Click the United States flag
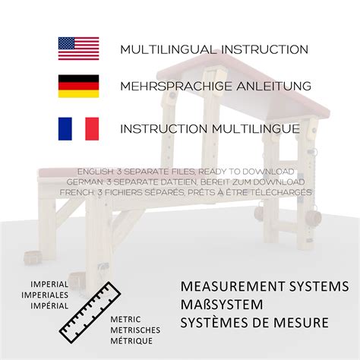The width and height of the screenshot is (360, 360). click(x=78, y=49)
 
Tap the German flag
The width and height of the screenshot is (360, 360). click(x=78, y=86)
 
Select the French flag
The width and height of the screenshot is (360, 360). click(x=78, y=128)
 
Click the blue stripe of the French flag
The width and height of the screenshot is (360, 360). click(x=65, y=128)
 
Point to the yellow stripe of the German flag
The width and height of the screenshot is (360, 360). click(x=78, y=94)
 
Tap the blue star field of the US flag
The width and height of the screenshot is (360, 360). click(x=66, y=43)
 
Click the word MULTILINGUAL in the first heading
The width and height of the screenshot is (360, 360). click(x=169, y=49)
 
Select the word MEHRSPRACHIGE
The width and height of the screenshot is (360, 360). click(x=176, y=86)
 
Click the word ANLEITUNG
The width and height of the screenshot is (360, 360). click(x=274, y=86)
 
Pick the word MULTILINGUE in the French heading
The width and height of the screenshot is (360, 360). click(x=256, y=128)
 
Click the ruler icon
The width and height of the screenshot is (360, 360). click(x=90, y=313)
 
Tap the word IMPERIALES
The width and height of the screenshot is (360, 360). click(x=45, y=295)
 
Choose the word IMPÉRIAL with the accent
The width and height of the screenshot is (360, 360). click(x=49, y=305)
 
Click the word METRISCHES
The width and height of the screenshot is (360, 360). click(x=135, y=330)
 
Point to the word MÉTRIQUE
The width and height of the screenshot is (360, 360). click(x=131, y=340)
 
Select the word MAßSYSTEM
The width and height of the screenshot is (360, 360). click(x=222, y=305)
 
